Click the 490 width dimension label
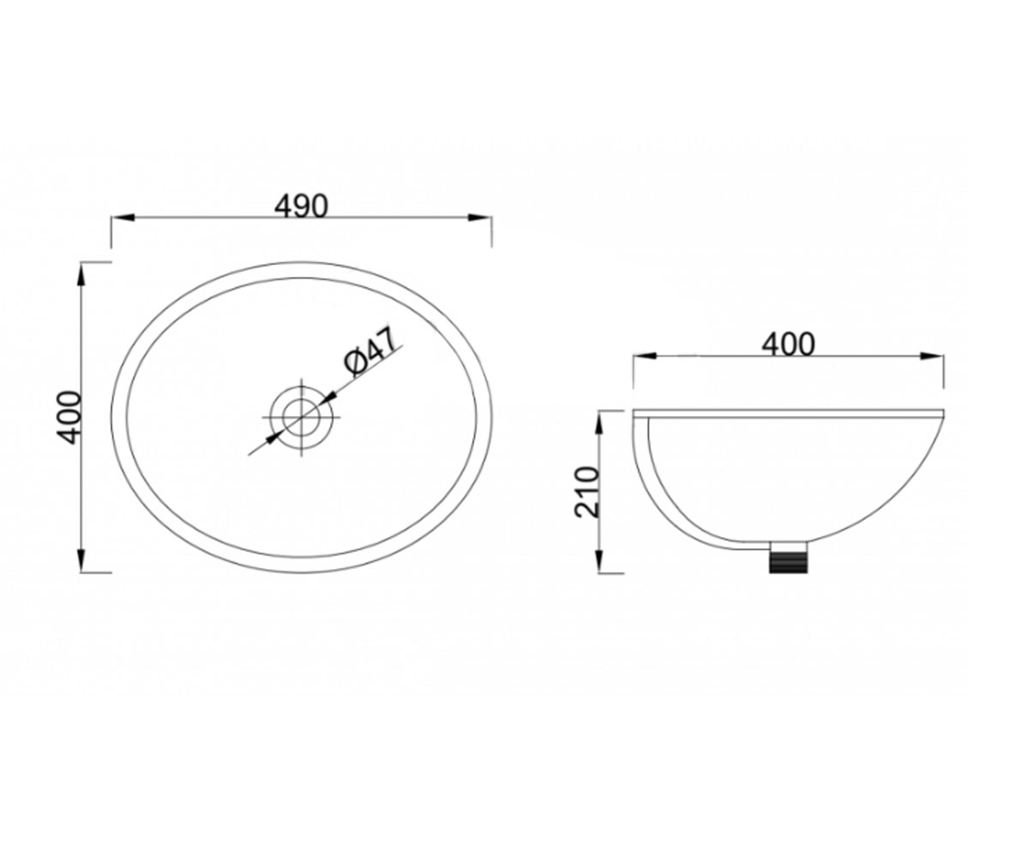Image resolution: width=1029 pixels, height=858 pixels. pyautogui.click(x=301, y=206)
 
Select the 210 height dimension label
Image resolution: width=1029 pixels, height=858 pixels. pyautogui.click(x=587, y=492)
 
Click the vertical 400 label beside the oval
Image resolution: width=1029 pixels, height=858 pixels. pyautogui.click(x=68, y=417)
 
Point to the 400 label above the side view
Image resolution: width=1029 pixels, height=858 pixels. pyautogui.click(x=789, y=345)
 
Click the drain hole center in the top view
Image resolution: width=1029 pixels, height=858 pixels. pyautogui.click(x=302, y=417)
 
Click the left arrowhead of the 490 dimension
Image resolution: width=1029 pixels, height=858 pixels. pyautogui.click(x=123, y=217)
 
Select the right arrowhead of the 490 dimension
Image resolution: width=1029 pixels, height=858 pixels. pyautogui.click(x=479, y=217)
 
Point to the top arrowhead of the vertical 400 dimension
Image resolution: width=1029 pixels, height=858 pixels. pyautogui.click(x=81, y=274)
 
